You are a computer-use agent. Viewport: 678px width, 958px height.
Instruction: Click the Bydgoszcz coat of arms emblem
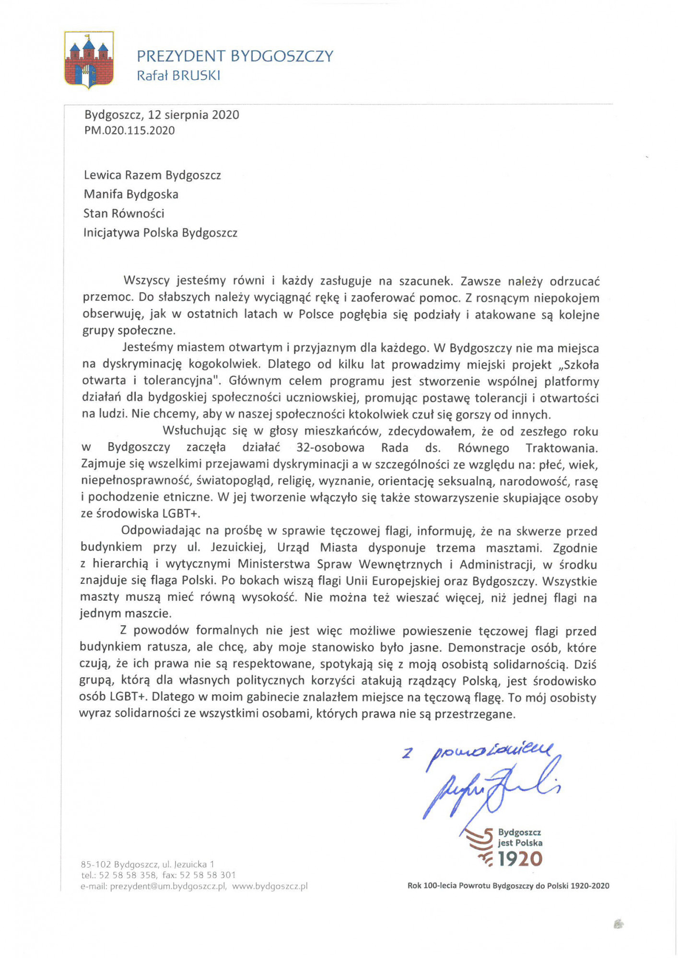[x=89, y=60]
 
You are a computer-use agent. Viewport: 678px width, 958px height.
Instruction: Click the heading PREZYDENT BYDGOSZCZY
[x=235, y=57]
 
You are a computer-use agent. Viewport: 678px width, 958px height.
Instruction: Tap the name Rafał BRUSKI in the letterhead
[x=178, y=76]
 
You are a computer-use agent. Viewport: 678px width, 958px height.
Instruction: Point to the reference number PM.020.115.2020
[x=129, y=131]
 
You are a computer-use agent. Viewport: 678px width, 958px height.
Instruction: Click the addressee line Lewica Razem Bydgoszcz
[x=152, y=175]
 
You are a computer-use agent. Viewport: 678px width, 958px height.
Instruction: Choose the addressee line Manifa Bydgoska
[x=131, y=194]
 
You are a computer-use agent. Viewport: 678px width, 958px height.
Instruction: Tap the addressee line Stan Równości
[x=124, y=214]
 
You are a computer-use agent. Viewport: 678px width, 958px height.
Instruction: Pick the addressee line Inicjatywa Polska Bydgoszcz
[x=160, y=233]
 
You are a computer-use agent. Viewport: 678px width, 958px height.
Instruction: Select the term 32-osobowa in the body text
[x=330, y=448]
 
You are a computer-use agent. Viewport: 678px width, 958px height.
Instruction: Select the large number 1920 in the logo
[x=520, y=859]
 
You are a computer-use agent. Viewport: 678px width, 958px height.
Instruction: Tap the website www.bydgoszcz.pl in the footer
[x=270, y=886]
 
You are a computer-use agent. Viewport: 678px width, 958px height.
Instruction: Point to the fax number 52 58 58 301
[x=208, y=875]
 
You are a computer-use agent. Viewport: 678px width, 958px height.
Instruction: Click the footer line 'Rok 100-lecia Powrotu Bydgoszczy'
[x=508, y=886]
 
